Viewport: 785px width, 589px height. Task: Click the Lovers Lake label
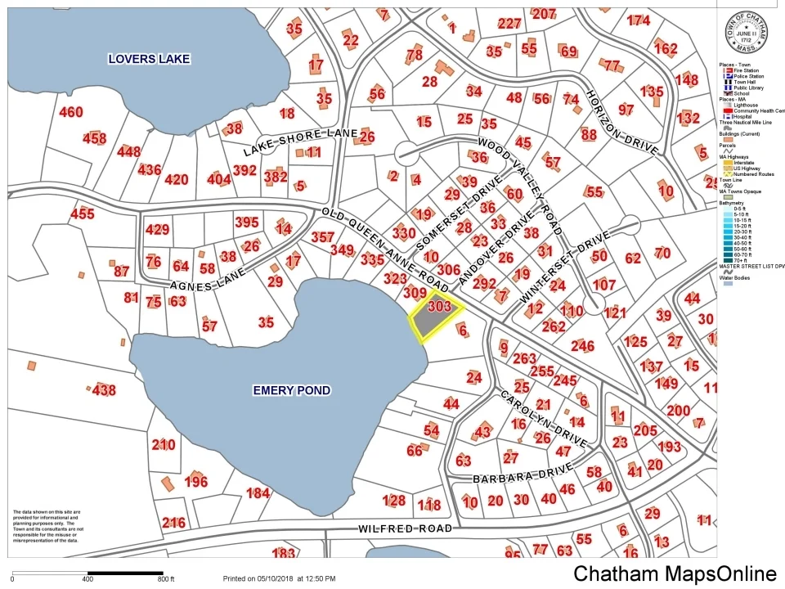tap(150, 59)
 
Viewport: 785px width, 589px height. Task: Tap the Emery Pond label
tap(292, 390)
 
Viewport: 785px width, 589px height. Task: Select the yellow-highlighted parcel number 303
tap(439, 307)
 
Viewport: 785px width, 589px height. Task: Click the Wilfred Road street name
tap(405, 529)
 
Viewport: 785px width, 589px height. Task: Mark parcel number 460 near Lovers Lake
tap(71, 112)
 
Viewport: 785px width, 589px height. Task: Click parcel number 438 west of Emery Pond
tap(104, 391)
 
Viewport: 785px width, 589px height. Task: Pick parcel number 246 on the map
tap(582, 346)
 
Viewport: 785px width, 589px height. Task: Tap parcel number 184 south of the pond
tap(258, 492)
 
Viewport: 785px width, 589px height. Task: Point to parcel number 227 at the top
tap(509, 24)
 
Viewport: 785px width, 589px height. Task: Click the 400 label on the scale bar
tap(87, 579)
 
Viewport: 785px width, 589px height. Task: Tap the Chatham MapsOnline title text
tap(675, 573)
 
